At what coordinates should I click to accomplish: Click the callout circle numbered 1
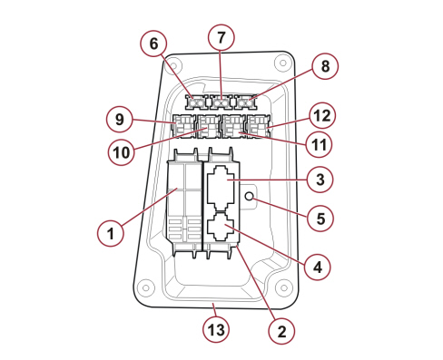point(111,233)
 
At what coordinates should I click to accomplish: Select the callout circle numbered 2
point(281,331)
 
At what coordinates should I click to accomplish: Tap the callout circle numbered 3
point(320,180)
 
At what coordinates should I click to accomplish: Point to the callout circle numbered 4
point(318,267)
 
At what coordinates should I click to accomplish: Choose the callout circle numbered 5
point(320,218)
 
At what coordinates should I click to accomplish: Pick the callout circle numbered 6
point(153,44)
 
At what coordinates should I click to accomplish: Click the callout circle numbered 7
point(221,37)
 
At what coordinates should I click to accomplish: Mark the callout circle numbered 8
point(325,66)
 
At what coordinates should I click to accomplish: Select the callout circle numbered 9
point(120,119)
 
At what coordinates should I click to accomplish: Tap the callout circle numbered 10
point(122,152)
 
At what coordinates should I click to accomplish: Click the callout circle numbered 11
point(319,144)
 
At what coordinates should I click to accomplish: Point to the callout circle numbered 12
point(322,116)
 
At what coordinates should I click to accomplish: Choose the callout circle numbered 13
point(216,329)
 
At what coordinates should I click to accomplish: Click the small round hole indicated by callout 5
point(250,196)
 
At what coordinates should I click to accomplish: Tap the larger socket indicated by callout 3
point(221,188)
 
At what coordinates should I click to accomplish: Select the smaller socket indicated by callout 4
point(221,226)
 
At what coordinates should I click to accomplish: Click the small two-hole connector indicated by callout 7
point(221,103)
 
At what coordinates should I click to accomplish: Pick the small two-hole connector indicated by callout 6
point(196,103)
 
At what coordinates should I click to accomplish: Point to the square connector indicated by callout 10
point(209,126)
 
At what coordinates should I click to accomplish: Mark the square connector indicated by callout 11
point(234,126)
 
